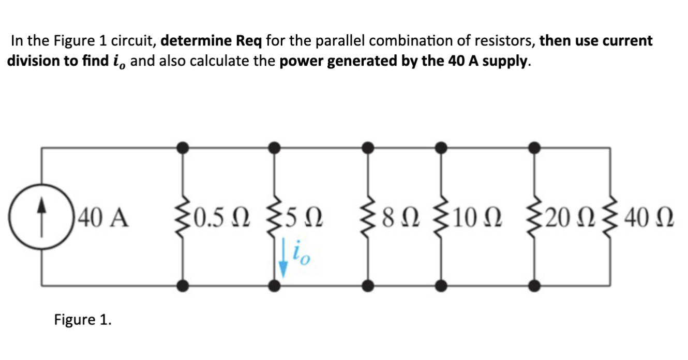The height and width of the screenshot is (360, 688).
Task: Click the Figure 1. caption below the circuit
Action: coord(83,320)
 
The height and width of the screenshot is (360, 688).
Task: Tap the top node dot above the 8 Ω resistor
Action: coord(368,148)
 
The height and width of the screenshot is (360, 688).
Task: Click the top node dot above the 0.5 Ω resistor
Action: coord(182,148)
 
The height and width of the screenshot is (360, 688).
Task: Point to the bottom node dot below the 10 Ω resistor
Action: coord(441,284)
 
